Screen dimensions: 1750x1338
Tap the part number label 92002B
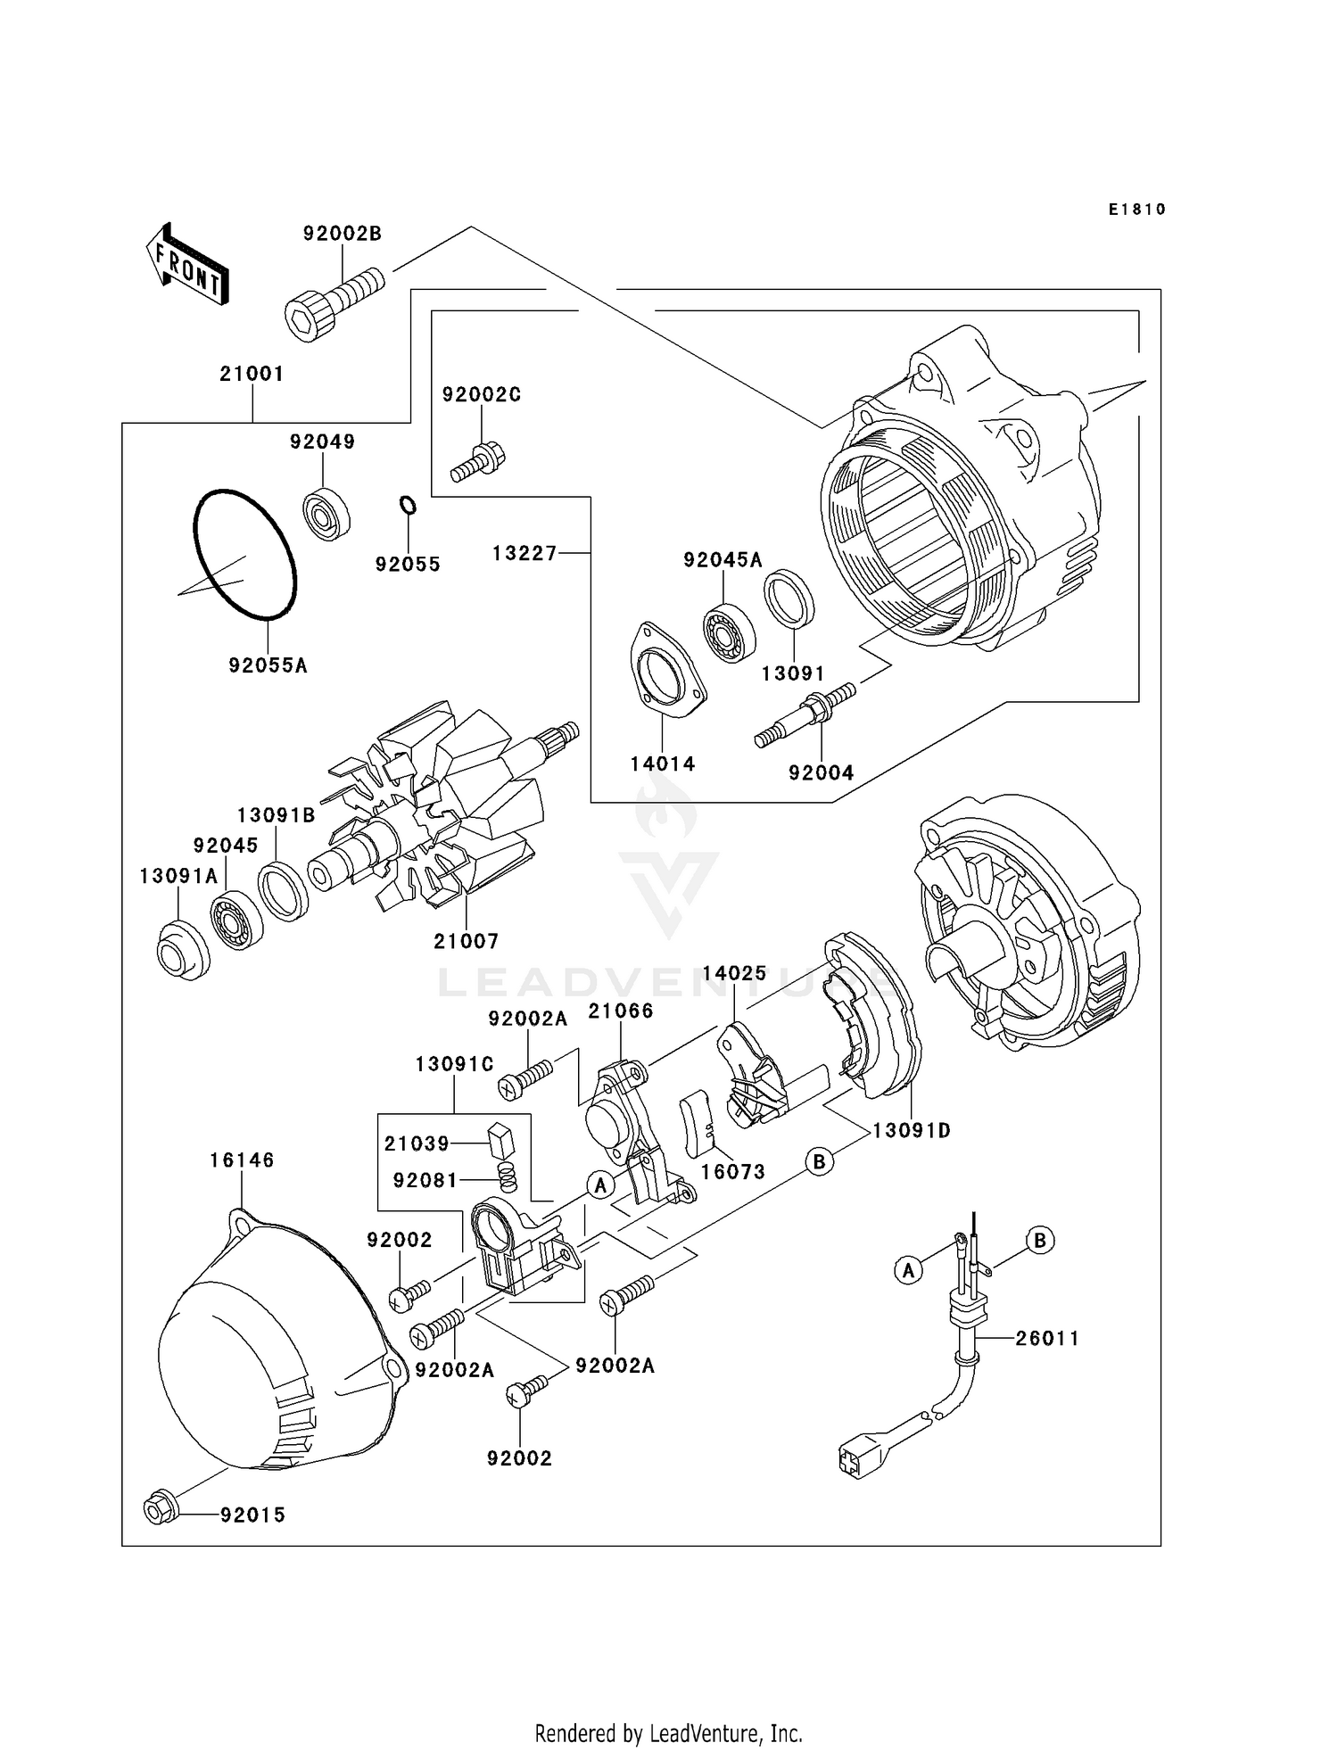tap(342, 234)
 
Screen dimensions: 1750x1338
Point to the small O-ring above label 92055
tap(407, 506)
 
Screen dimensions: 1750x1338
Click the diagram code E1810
tap(1136, 210)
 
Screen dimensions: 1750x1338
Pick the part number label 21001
tap(252, 374)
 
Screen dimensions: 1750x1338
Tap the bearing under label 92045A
tap(730, 632)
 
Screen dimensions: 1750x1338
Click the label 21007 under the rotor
tap(466, 941)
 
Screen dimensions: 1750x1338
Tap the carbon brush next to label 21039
tap(502, 1139)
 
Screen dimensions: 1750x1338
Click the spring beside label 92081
tap(507, 1177)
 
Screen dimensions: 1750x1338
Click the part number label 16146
tap(242, 1160)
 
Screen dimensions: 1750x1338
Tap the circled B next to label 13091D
tap(819, 1160)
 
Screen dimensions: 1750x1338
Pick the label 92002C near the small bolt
tap(481, 395)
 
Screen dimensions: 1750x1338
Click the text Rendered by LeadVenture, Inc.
tap(668, 1733)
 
